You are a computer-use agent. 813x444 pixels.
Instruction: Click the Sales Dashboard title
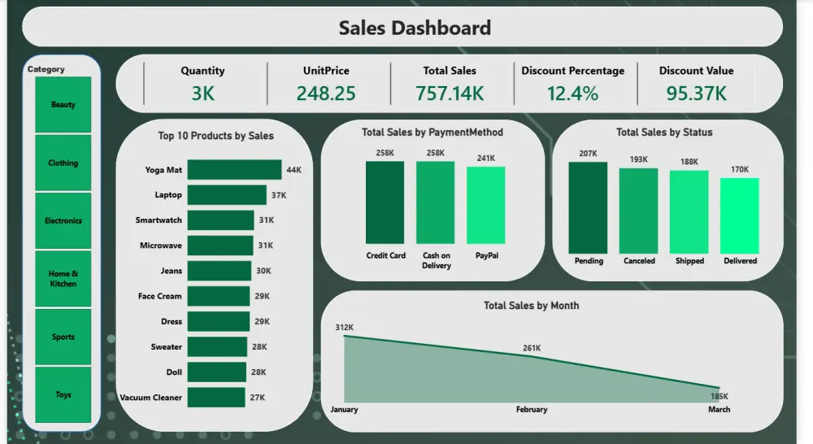coord(415,28)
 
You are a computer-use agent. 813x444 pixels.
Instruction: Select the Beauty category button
coord(63,105)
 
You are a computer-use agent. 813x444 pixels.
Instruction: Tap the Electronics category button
coord(63,220)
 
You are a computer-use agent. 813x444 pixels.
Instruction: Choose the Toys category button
coord(63,394)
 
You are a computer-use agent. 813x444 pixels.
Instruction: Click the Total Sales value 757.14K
coord(450,94)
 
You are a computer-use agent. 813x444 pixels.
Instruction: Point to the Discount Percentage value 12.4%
coord(572,94)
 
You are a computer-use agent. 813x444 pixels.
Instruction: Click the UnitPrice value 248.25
coord(325,94)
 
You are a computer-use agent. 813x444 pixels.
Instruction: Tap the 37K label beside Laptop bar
coord(279,195)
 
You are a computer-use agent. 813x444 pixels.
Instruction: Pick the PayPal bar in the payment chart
coord(485,206)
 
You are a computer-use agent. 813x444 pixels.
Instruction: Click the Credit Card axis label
coord(385,255)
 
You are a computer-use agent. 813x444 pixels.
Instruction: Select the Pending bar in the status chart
coord(588,207)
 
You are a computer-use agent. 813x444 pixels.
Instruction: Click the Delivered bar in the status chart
coord(739,215)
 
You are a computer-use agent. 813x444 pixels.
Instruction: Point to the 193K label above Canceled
coord(639,159)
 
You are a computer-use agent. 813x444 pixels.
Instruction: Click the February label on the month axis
coord(532,410)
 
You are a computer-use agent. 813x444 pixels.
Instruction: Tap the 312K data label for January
coord(344,328)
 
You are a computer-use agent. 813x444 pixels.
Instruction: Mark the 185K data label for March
coord(719,396)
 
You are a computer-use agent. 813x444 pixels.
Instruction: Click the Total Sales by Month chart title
coord(531,306)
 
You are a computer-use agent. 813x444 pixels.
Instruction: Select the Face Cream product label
coord(160,296)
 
